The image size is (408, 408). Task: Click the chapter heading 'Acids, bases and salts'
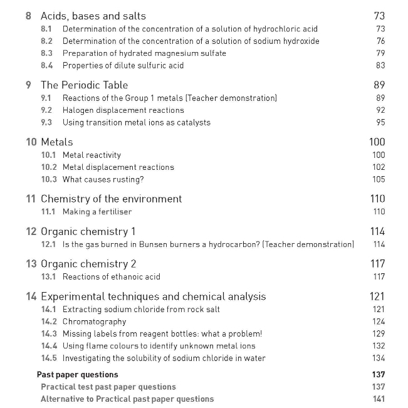click(93, 16)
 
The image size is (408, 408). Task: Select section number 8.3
click(47, 53)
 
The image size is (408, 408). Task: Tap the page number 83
click(380, 66)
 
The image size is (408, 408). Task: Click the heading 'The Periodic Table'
click(84, 85)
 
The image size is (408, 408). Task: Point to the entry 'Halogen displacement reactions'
click(123, 110)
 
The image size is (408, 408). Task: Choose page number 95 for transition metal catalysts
click(380, 123)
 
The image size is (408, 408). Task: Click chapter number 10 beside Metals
click(31, 142)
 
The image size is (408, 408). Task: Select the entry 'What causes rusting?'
click(103, 180)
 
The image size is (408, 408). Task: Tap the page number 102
click(379, 167)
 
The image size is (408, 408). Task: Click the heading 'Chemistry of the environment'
click(111, 199)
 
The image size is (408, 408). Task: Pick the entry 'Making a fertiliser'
click(97, 212)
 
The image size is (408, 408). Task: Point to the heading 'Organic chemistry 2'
click(88, 264)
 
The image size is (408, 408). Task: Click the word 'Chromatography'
click(95, 322)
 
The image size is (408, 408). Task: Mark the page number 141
click(379, 399)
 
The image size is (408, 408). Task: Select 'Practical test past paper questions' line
click(108, 387)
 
